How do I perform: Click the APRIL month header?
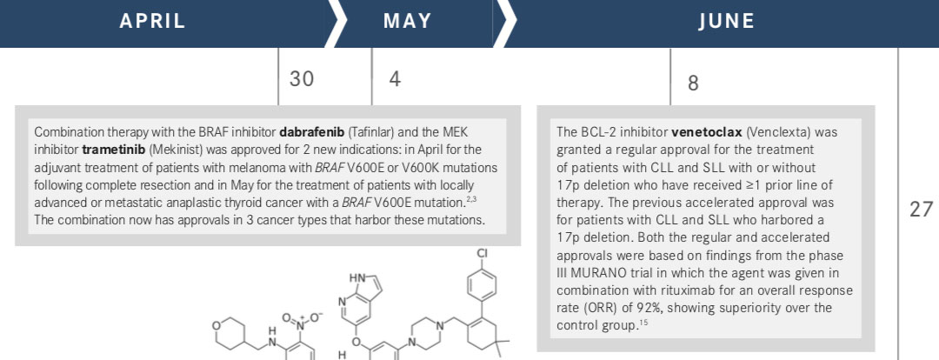152,22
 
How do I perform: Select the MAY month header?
407,22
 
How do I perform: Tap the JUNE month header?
726,22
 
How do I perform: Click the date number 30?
301,78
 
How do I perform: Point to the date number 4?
395,78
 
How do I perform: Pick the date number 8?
693,83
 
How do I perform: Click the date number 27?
921,209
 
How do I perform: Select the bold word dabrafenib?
311,132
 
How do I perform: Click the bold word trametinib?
105,150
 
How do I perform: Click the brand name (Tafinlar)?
370,132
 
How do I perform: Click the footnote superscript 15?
643,324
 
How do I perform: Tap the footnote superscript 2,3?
470,198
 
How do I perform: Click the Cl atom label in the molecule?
483,253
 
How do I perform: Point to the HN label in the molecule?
357,278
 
